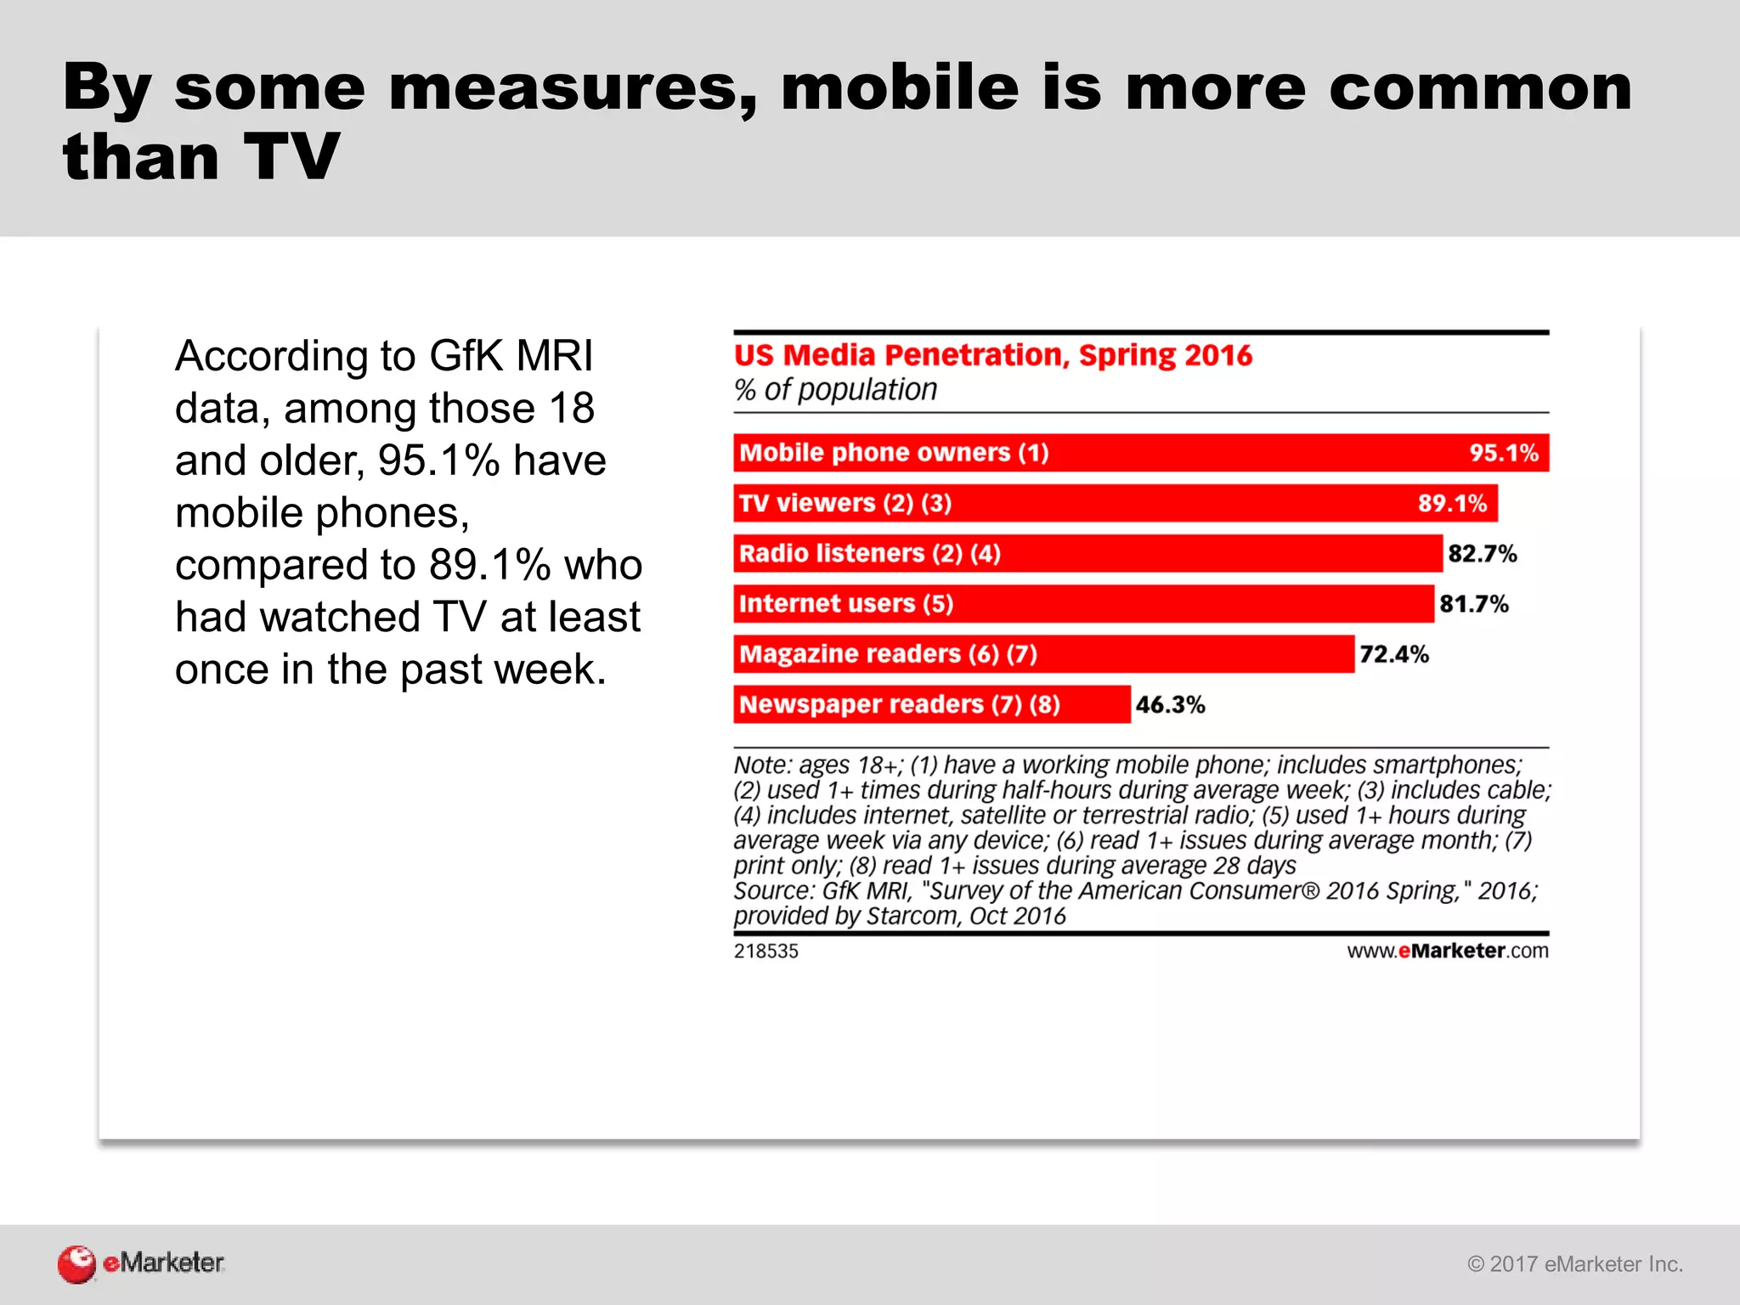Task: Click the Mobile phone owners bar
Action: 1140,453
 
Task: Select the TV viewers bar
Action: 1115,503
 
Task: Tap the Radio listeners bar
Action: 1087,553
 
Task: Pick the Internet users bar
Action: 1083,603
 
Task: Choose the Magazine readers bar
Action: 1043,654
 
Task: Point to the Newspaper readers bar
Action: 931,704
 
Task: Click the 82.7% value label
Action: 1482,554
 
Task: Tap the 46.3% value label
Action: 1170,704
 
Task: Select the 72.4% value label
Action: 1393,654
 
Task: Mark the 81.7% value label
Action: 1473,604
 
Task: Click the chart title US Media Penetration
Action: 992,355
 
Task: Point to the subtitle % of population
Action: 835,390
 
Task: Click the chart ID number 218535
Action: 765,951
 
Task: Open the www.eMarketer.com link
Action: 1447,951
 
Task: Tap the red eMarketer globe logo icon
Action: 76,1263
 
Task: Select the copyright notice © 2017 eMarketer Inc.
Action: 1574,1264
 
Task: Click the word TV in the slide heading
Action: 291,157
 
